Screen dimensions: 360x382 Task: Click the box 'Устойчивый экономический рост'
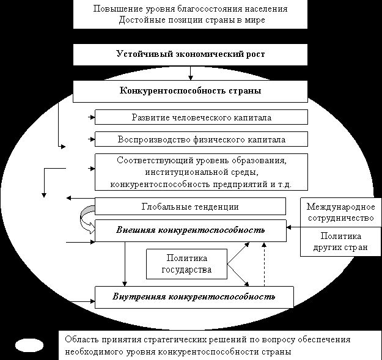[190, 54]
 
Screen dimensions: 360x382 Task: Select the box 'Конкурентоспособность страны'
[190, 91]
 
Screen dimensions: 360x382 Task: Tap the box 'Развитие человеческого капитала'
[201, 117]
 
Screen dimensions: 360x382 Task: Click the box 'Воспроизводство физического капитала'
[201, 139]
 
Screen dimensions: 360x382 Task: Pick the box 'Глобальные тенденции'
[190, 207]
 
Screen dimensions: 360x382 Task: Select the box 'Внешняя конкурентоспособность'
[190, 230]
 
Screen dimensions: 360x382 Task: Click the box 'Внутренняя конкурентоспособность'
[194, 297]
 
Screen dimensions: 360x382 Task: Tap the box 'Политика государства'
[186, 264]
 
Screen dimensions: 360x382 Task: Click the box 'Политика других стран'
[340, 242]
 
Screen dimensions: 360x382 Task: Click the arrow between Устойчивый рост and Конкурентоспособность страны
[191, 73]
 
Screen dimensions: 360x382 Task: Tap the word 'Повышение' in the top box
[114, 10]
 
